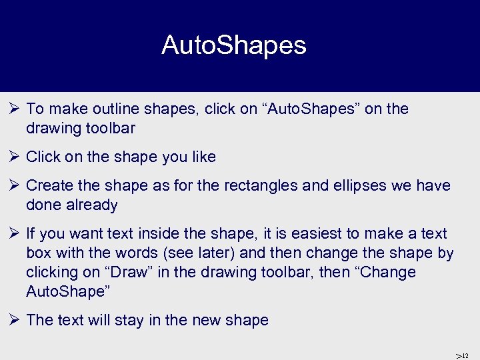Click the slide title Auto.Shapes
(x=233, y=45)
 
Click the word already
(x=94, y=205)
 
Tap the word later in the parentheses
(x=215, y=253)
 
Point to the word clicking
(x=54, y=273)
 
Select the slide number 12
(x=465, y=355)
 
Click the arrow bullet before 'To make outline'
(x=15, y=109)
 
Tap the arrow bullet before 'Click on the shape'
(x=15, y=157)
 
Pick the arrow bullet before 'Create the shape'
(x=15, y=186)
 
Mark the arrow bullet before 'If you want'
(x=15, y=234)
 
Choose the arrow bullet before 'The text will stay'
(x=15, y=321)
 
